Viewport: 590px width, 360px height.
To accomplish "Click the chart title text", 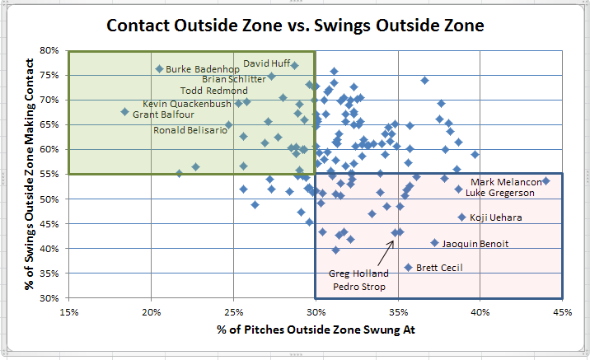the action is pyautogui.click(x=295, y=26).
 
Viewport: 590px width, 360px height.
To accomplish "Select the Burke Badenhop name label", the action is pyautogui.click(x=203, y=69).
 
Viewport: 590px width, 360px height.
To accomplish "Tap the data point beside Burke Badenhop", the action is pyautogui.click(x=159, y=69).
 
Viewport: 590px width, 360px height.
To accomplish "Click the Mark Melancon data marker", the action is pyautogui.click(x=546, y=181).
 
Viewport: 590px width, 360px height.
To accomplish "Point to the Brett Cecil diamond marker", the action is pyautogui.click(x=408, y=268).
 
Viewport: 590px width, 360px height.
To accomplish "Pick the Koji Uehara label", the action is pyautogui.click(x=495, y=217).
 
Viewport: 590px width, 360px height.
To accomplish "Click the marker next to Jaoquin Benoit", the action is pyautogui.click(x=434, y=243).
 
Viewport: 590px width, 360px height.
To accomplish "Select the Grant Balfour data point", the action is pyautogui.click(x=125, y=112).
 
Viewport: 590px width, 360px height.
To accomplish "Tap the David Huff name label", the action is pyautogui.click(x=267, y=63).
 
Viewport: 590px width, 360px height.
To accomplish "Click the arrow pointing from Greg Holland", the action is pyautogui.click(x=386, y=253).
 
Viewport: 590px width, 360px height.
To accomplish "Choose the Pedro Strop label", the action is pyautogui.click(x=359, y=287).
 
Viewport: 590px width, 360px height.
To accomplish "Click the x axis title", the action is pyautogui.click(x=316, y=330).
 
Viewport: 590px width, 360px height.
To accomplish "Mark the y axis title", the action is pyautogui.click(x=29, y=174).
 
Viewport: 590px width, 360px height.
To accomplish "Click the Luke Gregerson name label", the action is pyautogui.click(x=499, y=193).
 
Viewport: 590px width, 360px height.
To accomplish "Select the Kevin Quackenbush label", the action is pyautogui.click(x=186, y=104).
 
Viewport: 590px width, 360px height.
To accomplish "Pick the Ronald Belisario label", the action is pyautogui.click(x=190, y=130).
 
